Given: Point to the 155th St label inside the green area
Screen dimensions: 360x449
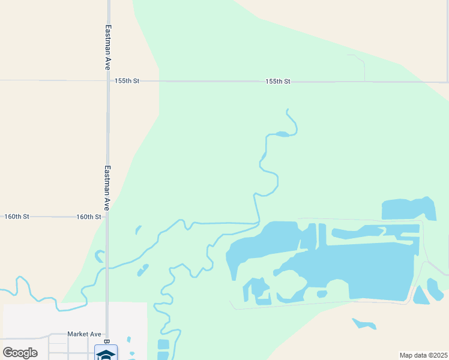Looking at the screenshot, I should [x=278, y=81].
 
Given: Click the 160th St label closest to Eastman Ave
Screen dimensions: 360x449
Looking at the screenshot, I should [x=88, y=217].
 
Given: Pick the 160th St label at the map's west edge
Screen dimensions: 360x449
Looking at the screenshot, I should [x=17, y=217].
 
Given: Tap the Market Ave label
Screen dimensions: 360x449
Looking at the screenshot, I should [x=84, y=334].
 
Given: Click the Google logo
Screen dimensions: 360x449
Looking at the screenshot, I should [x=20, y=353].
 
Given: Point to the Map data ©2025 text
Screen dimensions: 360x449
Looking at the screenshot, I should [x=423, y=355].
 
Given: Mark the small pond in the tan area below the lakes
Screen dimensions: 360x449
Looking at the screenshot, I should [x=364, y=324].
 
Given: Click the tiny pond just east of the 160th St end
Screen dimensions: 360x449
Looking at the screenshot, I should [x=138, y=230].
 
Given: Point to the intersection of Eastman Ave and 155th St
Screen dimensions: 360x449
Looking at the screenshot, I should [x=108, y=80].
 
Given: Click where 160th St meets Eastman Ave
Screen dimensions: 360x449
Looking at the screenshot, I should [x=107, y=217].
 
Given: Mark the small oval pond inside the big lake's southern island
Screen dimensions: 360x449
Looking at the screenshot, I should [x=322, y=294].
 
